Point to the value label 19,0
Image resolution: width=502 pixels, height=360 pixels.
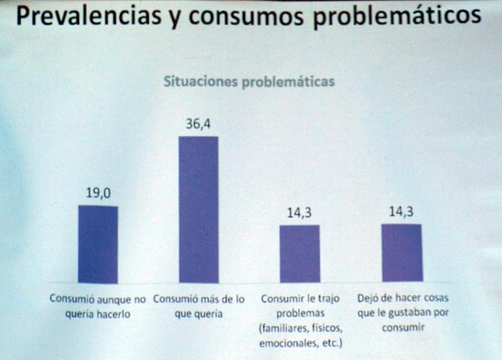(99, 193)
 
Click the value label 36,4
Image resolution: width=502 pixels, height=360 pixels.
(198, 124)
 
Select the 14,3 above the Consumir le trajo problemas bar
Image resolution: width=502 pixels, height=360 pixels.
(299, 213)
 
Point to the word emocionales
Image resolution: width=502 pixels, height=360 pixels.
(283, 343)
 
